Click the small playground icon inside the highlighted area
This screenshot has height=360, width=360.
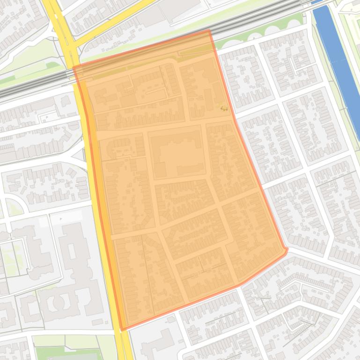coord(224,108)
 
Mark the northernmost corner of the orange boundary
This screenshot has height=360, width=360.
coord(209,30)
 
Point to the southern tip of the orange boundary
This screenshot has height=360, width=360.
coord(123,330)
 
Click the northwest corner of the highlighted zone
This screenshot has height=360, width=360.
coord(74,67)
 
